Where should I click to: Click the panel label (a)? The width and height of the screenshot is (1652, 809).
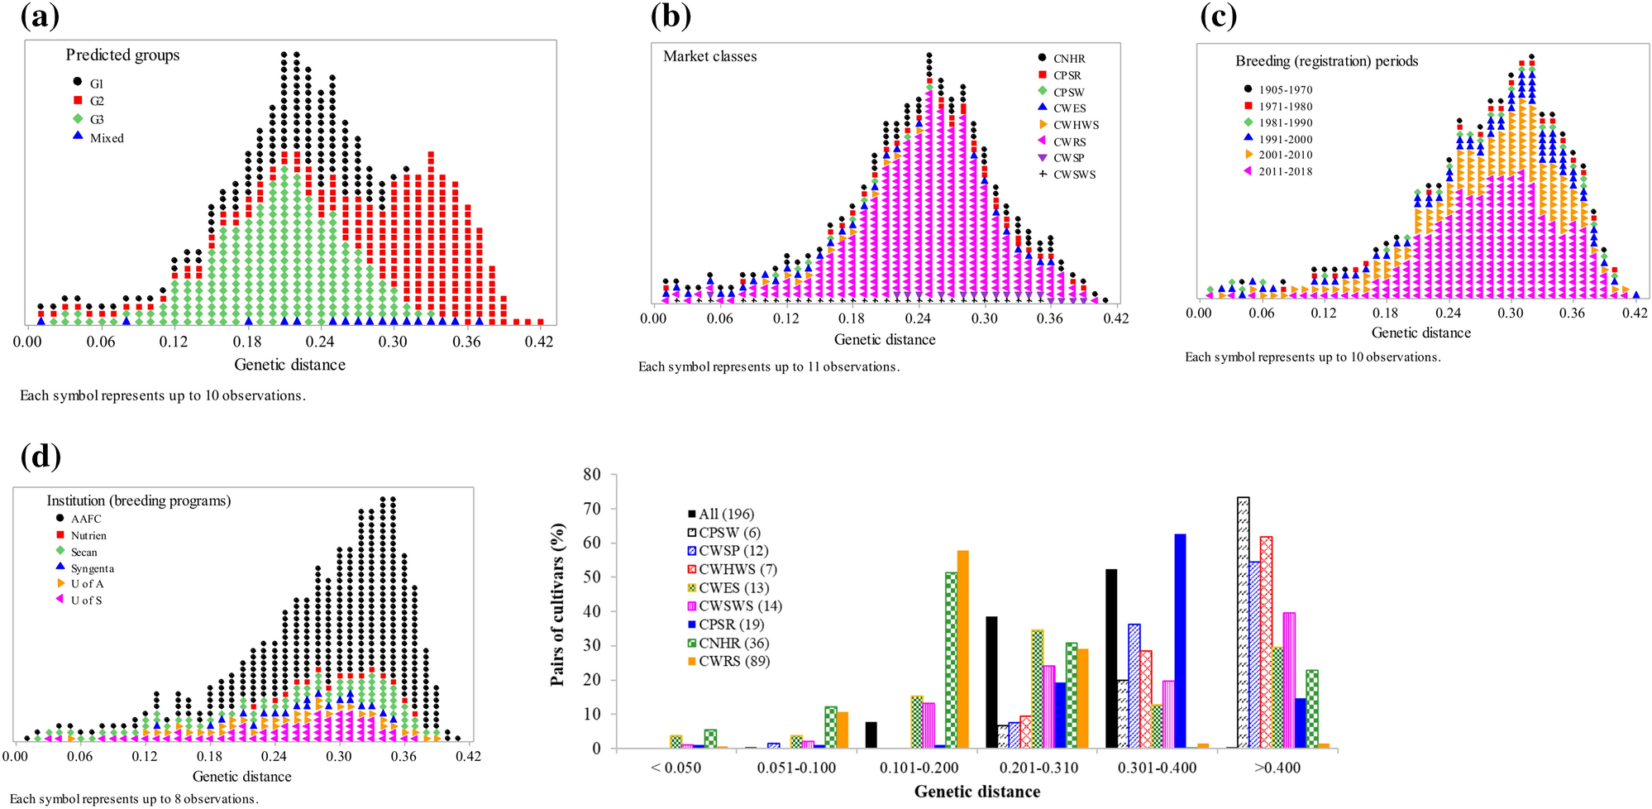40,17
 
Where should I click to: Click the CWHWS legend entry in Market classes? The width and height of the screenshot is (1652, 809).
1075,125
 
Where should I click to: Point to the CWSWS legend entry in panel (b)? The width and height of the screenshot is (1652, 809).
1073,175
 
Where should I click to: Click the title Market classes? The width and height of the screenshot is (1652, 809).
709,56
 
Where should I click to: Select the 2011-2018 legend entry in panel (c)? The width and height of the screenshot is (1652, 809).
1285,171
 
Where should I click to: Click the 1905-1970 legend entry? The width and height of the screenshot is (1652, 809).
1285,89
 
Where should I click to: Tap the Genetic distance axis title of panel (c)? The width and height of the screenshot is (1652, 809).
1420,333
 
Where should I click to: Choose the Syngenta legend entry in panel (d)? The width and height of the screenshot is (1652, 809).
92,568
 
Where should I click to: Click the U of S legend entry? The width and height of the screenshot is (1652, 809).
86,601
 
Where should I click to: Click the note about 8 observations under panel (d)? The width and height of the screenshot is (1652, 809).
134,798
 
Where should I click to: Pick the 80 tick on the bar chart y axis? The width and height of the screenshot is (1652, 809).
592,475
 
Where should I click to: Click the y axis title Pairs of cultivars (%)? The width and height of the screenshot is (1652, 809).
558,605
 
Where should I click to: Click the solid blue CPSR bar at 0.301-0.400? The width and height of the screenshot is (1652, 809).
1180,641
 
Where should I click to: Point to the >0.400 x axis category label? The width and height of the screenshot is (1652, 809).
1277,768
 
